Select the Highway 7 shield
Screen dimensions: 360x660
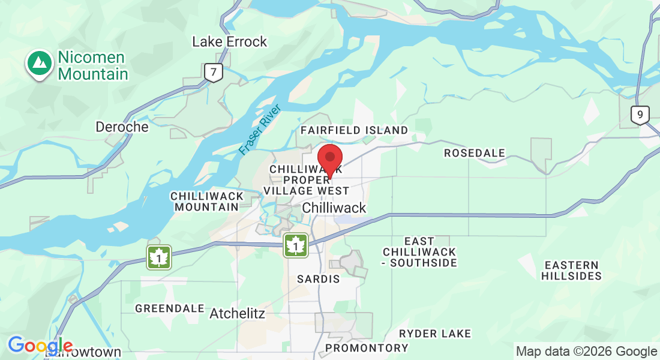213,73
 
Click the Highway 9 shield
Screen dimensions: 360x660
640,115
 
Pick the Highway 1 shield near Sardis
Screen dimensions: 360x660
296,245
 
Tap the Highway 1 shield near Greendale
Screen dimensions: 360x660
159,257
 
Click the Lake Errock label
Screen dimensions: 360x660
229,42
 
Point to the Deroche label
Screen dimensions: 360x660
122,127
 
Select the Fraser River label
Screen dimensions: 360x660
260,130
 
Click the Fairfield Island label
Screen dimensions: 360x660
354,130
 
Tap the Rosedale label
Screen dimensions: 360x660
474,154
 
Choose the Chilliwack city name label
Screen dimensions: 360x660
334,208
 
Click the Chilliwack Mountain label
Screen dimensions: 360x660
207,202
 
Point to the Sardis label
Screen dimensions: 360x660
319,279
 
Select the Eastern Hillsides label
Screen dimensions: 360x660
571,271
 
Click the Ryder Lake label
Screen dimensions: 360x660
435,334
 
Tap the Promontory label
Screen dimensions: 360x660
367,348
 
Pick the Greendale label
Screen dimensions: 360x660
170,308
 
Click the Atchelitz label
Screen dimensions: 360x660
237,313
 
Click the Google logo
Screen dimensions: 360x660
40,346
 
